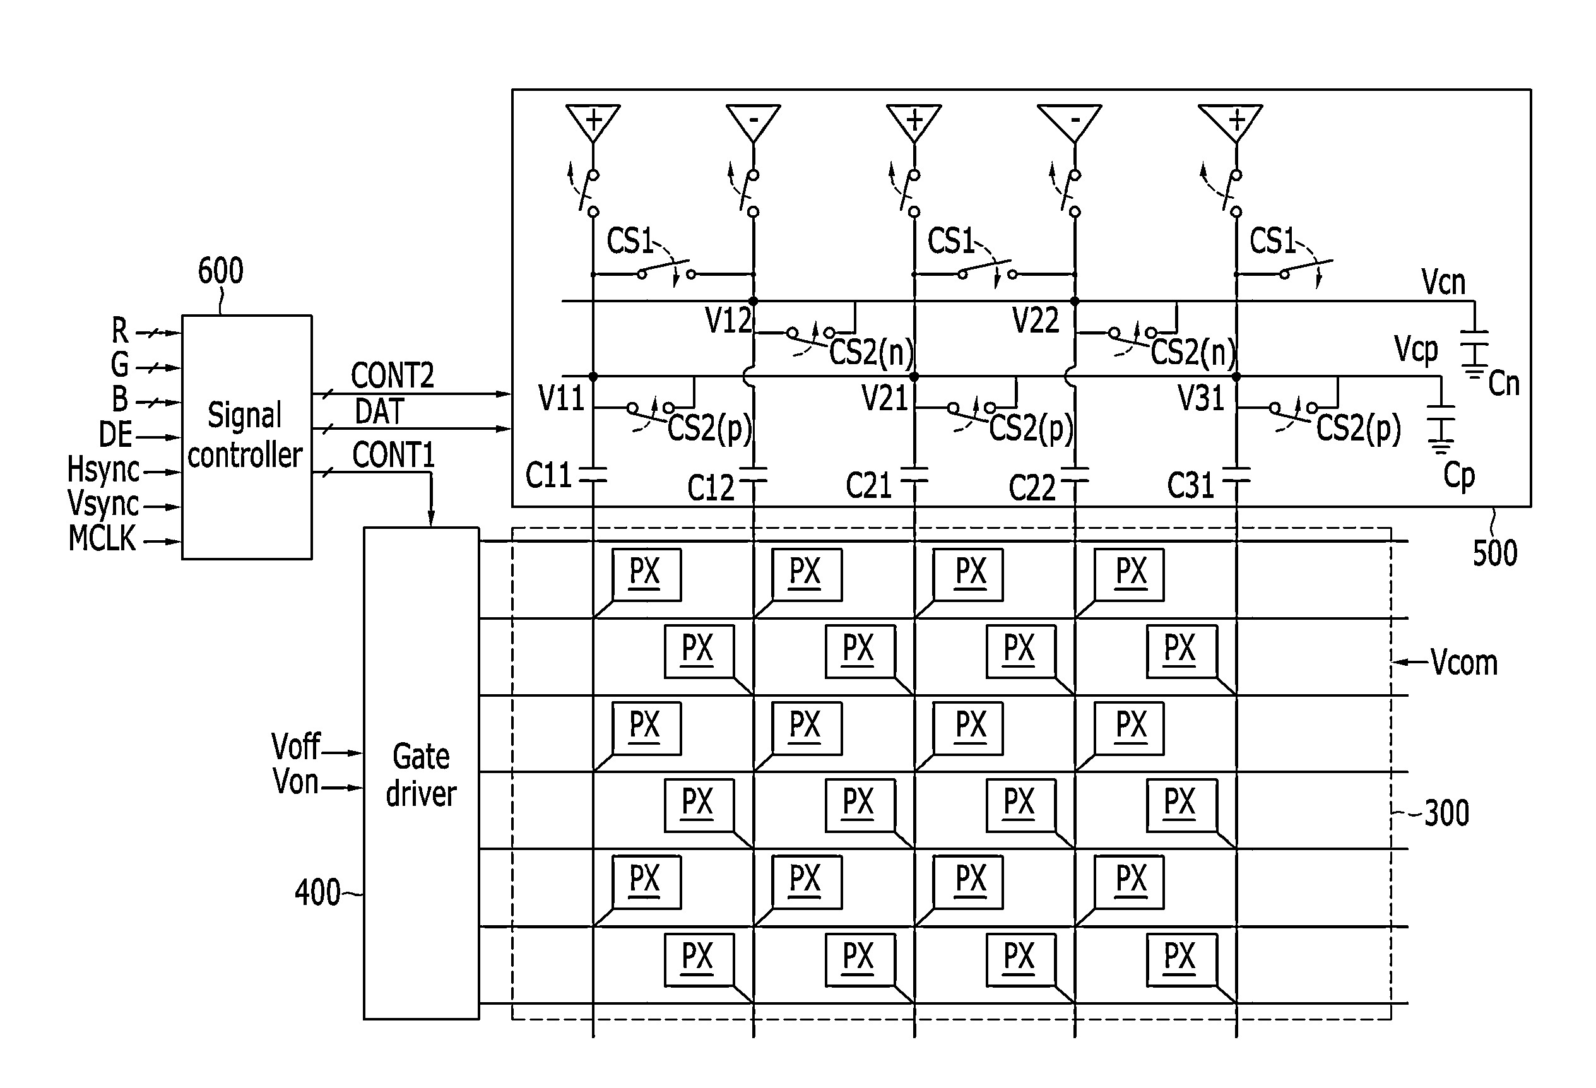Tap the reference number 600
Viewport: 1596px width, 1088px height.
coord(220,271)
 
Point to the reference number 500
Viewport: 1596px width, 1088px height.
coord(1494,553)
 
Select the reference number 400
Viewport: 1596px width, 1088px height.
coord(317,893)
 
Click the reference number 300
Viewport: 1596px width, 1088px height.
coord(1446,813)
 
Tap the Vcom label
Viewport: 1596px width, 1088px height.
coord(1463,663)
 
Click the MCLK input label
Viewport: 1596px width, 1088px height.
coord(102,538)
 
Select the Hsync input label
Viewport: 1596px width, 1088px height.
coord(103,470)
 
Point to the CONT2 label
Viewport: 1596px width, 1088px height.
coord(393,375)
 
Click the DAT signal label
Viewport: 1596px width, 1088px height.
coord(380,411)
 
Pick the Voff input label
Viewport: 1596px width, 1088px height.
coord(296,747)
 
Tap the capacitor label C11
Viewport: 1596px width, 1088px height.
coord(548,475)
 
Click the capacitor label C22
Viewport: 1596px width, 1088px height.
coord(1031,488)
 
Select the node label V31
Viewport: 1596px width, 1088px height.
coord(1201,398)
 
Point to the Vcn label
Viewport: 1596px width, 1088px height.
coord(1443,281)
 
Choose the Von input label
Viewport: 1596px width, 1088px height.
coord(296,782)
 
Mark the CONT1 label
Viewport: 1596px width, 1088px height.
coord(394,456)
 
